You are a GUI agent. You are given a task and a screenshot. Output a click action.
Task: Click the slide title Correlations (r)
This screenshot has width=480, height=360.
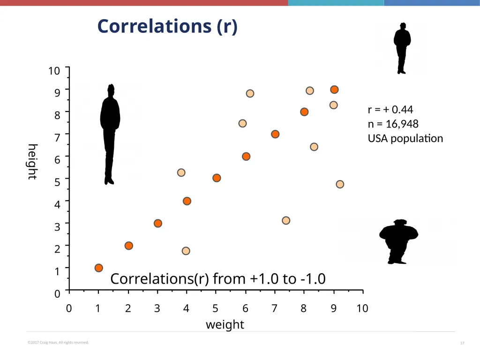coord(167,26)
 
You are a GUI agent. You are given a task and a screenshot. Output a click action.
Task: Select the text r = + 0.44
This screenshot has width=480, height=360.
coord(390,109)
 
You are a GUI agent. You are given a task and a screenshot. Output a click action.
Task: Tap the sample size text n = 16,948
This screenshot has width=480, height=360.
coord(393,124)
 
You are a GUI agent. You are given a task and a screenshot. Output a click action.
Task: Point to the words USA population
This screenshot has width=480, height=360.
coord(405,138)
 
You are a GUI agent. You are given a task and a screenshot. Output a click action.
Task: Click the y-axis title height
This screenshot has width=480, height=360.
coord(32,162)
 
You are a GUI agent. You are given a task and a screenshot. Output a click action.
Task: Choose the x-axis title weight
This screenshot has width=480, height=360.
coord(225,324)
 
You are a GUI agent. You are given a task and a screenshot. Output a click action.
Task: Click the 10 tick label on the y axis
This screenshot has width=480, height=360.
coord(54,71)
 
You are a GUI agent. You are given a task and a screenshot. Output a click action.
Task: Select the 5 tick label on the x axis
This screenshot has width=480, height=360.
coord(215,308)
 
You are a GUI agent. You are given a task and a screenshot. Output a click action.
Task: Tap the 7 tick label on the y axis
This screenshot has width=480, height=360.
coord(57,137)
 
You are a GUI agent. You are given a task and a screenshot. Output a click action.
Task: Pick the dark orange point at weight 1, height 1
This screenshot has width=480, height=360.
coord(98,268)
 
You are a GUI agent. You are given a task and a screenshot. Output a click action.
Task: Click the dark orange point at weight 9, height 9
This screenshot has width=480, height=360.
coord(334,90)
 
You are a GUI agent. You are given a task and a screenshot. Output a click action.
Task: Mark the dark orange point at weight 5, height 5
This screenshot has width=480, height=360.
coord(217,178)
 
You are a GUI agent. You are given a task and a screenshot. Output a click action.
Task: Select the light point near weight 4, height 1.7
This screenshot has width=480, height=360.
coord(186,251)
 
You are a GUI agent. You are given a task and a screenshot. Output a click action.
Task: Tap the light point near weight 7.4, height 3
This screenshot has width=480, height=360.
coord(286,220)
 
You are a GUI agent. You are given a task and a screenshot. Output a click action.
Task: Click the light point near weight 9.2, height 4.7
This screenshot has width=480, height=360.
coord(340,184)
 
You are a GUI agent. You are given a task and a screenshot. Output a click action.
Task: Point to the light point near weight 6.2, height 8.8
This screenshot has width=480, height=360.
coord(250,93)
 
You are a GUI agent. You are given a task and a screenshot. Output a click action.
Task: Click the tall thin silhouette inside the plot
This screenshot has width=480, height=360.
coord(110,135)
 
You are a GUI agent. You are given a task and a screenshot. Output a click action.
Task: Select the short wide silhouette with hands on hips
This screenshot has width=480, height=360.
coord(398,241)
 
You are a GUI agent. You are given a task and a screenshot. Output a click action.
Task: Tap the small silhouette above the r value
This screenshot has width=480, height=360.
coord(402,48)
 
